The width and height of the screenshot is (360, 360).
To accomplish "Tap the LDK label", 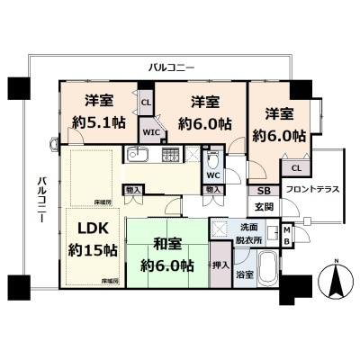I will click(90, 225).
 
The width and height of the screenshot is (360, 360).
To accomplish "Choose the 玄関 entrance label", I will click(265, 208).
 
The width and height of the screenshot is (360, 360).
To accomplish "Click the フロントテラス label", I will click(308, 190).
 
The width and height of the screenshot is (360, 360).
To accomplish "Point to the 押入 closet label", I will click(220, 266).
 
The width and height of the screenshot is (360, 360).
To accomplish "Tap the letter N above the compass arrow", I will click(336, 262).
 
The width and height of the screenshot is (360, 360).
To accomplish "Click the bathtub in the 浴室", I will click(266, 270).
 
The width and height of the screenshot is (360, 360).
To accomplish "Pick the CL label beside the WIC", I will click(146, 102).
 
